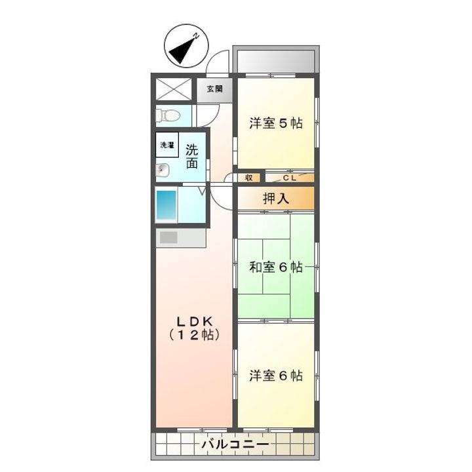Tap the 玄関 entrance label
point(214,88)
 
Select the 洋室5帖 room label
point(275,123)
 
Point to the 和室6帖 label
point(275,267)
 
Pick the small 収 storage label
point(249,177)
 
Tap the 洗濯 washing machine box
point(167,145)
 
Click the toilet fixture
point(168,115)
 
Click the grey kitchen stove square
point(168,237)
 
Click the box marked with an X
point(173,88)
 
